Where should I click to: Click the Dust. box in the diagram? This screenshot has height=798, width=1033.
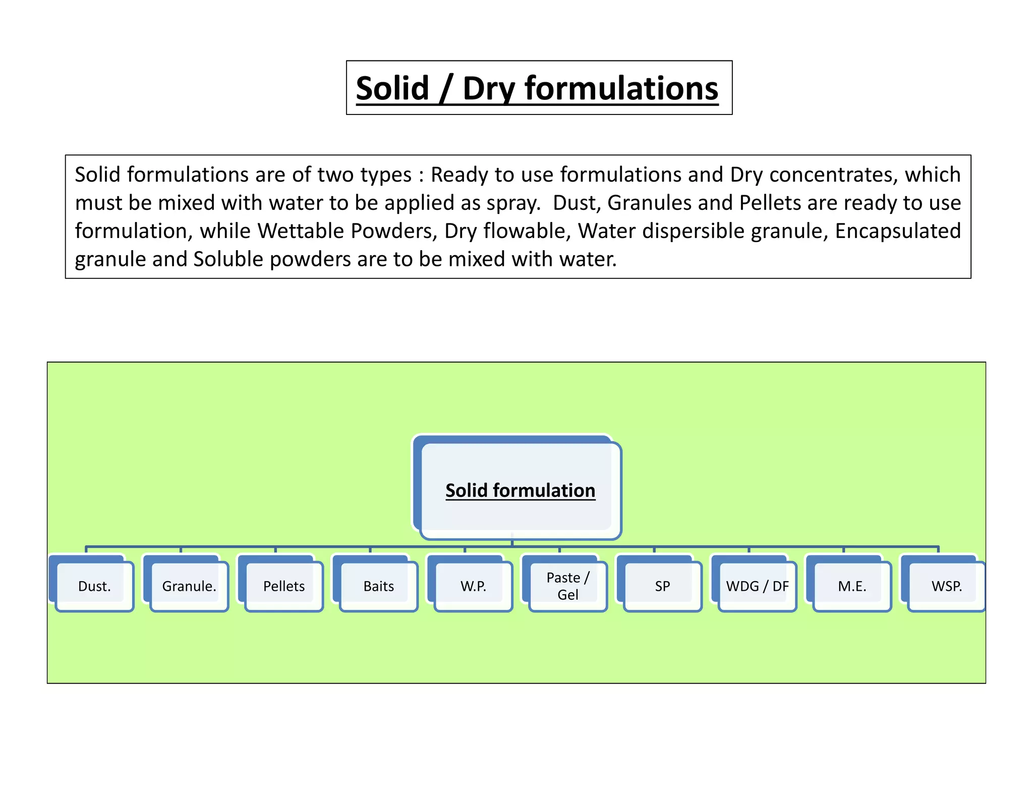pos(94,586)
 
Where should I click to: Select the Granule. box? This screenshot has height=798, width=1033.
pos(189,586)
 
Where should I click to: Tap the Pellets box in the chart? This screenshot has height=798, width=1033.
pos(284,586)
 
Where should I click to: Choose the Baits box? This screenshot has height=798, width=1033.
pos(379,586)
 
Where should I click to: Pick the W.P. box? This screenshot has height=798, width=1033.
pos(473,586)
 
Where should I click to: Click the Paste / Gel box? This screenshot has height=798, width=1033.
pos(568,586)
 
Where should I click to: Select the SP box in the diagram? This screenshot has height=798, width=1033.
pos(663,586)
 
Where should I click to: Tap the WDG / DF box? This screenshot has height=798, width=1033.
pos(757,586)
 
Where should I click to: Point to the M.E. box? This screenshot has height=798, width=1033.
pos(852,586)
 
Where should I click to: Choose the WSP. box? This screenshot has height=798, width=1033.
pos(947,586)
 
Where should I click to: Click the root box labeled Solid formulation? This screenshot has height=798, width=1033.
pos(520,490)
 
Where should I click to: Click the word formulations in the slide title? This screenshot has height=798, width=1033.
pos(621,89)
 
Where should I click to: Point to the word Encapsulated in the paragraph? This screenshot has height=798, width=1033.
pos(898,231)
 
